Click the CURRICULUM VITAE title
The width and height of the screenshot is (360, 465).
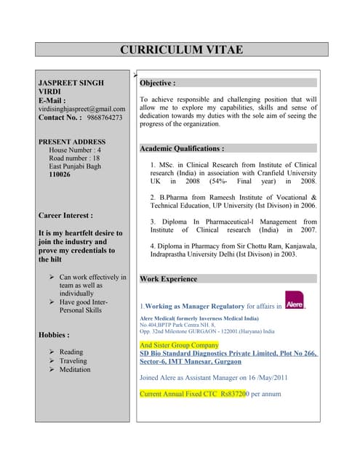pyautogui.click(x=181, y=50)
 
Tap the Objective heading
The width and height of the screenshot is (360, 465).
pyautogui.click(x=157, y=84)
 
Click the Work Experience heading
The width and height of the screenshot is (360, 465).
pyautogui.click(x=168, y=279)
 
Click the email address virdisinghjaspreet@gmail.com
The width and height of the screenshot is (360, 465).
pyautogui.click(x=81, y=108)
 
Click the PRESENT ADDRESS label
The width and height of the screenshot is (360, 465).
pyautogui.click(x=72, y=142)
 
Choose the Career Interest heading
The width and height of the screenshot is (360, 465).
pyautogui.click(x=65, y=216)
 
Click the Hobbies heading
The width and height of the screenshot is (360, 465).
pyautogui.click(x=54, y=335)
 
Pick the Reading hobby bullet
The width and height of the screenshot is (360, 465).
pyautogui.click(x=71, y=352)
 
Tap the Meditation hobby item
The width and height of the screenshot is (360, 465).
pyautogui.click(x=75, y=370)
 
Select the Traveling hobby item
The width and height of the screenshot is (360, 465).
pyautogui.click(x=73, y=361)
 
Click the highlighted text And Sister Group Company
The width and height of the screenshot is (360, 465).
pyautogui.click(x=179, y=345)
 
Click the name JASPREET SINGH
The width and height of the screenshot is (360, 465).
pyautogui.click(x=71, y=84)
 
